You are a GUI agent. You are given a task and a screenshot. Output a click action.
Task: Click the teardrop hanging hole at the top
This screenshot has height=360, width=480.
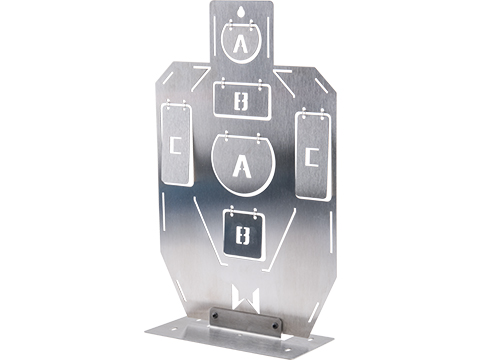point(241,12)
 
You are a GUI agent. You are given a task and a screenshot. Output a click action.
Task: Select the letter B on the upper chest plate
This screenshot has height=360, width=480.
point(241,102)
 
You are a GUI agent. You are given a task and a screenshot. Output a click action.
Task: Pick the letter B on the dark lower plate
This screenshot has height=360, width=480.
point(243,235)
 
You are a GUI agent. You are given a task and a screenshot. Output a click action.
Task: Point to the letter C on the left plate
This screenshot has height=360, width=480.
point(175,145)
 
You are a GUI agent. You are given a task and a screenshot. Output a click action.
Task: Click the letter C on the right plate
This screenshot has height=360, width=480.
point(312,157)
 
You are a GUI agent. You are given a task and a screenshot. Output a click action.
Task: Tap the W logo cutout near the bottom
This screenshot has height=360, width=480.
point(245,299)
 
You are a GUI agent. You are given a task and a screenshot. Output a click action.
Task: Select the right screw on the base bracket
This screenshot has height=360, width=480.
point(275,325)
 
